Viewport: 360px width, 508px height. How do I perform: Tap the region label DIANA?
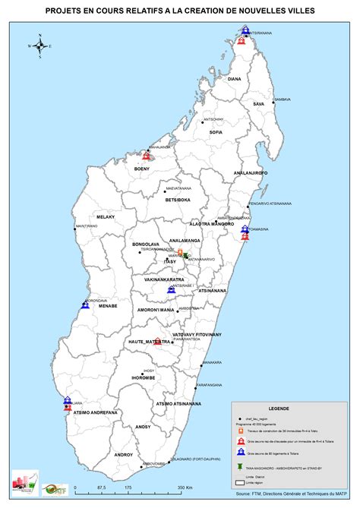pyautogui.click(x=234, y=79)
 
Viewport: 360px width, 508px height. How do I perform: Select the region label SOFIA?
pyautogui.click(x=216, y=132)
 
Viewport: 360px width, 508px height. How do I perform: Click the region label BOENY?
pyautogui.click(x=142, y=169)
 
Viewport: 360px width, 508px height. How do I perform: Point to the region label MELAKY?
pyautogui.click(x=105, y=217)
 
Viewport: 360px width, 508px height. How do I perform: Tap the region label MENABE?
pyautogui.click(x=106, y=307)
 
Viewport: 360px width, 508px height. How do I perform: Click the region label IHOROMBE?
pyautogui.click(x=143, y=377)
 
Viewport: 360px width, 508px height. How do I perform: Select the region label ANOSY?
pyautogui.click(x=144, y=427)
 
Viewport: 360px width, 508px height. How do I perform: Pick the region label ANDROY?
pyautogui.click(x=123, y=455)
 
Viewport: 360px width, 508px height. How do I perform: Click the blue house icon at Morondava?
pyautogui.click(x=84, y=305)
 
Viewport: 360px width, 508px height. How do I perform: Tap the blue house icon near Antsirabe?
pyautogui.click(x=172, y=290)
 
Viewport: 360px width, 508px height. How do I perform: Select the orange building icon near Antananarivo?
pyautogui.click(x=180, y=252)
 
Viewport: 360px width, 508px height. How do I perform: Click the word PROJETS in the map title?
pyautogui.click(x=66, y=12)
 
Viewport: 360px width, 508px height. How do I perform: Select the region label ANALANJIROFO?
pyautogui.click(x=246, y=174)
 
